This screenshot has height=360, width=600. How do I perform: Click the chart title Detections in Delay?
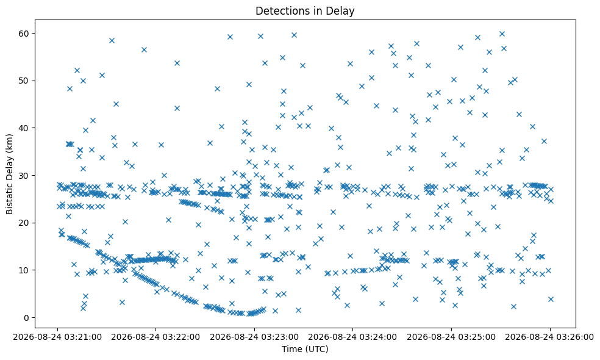305,11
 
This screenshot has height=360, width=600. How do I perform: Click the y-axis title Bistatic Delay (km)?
9,175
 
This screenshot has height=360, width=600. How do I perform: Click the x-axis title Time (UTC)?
305,349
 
